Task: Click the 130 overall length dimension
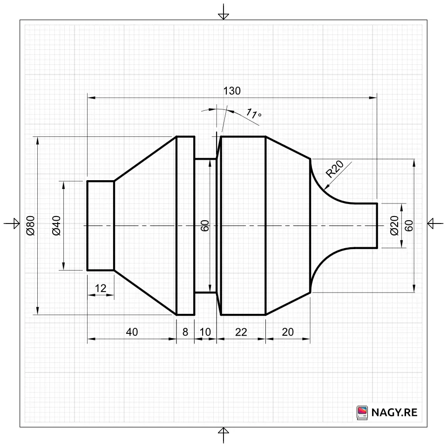(x=232, y=91)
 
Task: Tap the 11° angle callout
(x=253, y=114)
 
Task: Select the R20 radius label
(x=335, y=169)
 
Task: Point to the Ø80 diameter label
(x=30, y=225)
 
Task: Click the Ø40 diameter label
(x=56, y=225)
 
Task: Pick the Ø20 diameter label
(x=394, y=225)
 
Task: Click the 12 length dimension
(x=101, y=288)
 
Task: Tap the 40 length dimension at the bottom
(x=132, y=332)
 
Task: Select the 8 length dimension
(x=185, y=332)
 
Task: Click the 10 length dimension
(x=205, y=332)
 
